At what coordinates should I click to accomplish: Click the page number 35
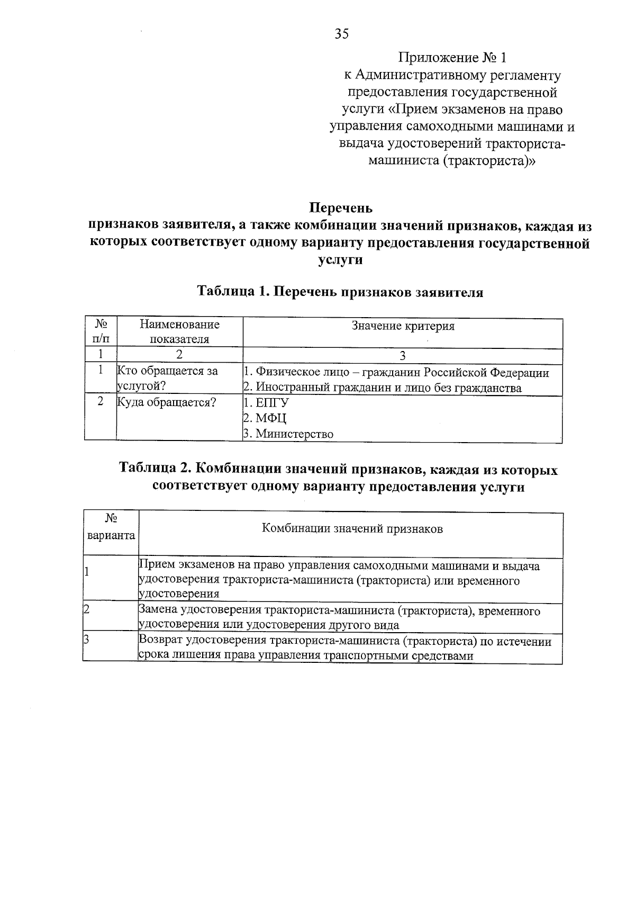(341, 34)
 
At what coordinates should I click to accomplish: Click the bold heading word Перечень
(340, 208)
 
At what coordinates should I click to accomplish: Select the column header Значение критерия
(403, 326)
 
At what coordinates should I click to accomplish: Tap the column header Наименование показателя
(179, 331)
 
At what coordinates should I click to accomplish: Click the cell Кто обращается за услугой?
(167, 379)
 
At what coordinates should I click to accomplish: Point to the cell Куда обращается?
(166, 402)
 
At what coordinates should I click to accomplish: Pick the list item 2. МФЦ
(265, 418)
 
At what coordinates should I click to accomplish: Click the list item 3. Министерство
(288, 434)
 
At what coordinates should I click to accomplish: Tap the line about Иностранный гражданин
(382, 388)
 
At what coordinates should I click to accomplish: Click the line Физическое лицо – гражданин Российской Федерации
(396, 372)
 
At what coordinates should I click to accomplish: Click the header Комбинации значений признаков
(352, 528)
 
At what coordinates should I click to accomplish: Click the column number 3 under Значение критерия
(403, 355)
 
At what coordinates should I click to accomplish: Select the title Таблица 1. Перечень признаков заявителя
(340, 292)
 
